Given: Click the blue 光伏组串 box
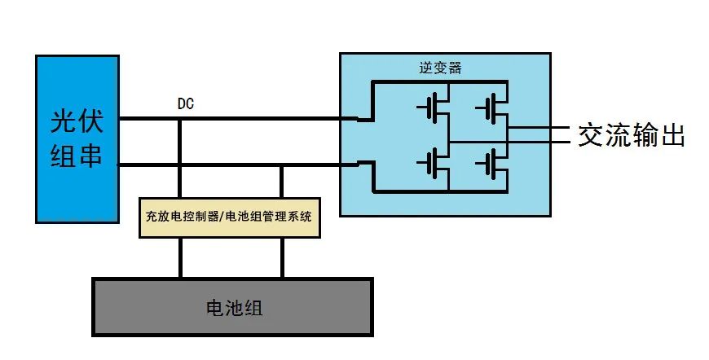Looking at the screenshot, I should [x=77, y=138].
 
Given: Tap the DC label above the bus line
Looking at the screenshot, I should [x=185, y=104].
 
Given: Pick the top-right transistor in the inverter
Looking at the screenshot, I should [x=491, y=108].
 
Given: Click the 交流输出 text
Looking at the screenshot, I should [x=632, y=135].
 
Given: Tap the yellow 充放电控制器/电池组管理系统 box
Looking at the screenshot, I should [x=230, y=217].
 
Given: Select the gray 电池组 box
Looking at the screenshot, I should [x=232, y=307].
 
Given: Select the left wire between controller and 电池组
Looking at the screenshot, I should [x=180, y=257].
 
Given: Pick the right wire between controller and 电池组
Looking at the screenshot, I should [x=283, y=257].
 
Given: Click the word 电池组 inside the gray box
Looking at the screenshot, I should [x=232, y=308].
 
